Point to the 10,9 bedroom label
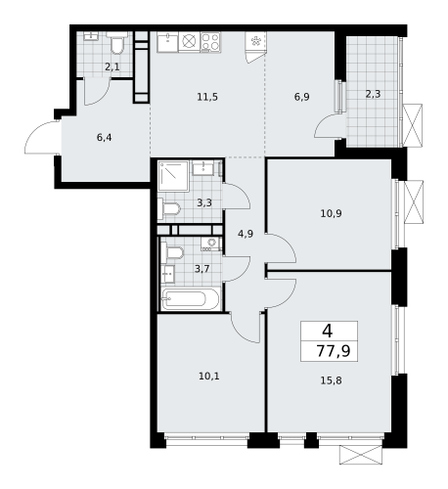point(330,212)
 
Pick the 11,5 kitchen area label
point(206,96)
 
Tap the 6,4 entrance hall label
point(105,138)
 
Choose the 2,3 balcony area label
point(374,94)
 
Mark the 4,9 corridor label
point(246,233)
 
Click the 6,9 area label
point(302,96)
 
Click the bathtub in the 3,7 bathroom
point(194,297)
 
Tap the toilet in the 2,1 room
point(116,43)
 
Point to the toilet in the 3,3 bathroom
point(170,207)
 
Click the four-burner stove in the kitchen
point(210,41)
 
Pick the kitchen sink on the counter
point(167,41)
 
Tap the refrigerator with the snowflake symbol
point(256,42)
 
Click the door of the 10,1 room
point(245,327)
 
